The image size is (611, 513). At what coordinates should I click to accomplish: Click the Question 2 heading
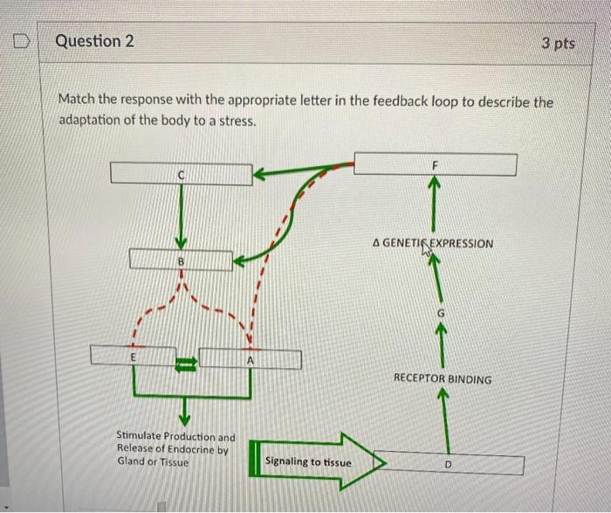coord(89,41)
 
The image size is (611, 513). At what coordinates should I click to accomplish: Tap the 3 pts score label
coord(558,42)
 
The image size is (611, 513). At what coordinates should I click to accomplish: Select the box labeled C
coord(181,174)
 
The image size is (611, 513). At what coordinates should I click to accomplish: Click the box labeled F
coord(434,163)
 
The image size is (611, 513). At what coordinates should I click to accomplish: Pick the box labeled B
coord(181,260)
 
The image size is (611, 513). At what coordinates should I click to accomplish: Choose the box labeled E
coord(133,357)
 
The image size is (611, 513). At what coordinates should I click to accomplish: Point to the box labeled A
coord(251,359)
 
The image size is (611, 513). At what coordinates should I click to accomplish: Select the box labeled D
coord(448,463)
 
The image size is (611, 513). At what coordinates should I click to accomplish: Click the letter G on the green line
coord(440,313)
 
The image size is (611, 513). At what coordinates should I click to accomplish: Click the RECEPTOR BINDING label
coord(442,379)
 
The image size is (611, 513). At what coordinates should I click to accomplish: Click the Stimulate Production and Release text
coord(175,448)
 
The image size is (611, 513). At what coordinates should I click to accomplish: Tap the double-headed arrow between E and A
coord(187,358)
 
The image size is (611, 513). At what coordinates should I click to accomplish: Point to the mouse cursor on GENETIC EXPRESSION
coord(427,249)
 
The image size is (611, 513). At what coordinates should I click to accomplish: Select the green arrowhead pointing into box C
coord(259,175)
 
